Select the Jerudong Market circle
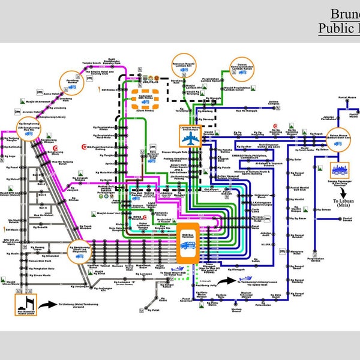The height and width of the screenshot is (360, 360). point(70,85)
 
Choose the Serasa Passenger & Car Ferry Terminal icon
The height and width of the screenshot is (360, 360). point(340,170)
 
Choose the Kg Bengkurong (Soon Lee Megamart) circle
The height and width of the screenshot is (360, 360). point(79,251)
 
